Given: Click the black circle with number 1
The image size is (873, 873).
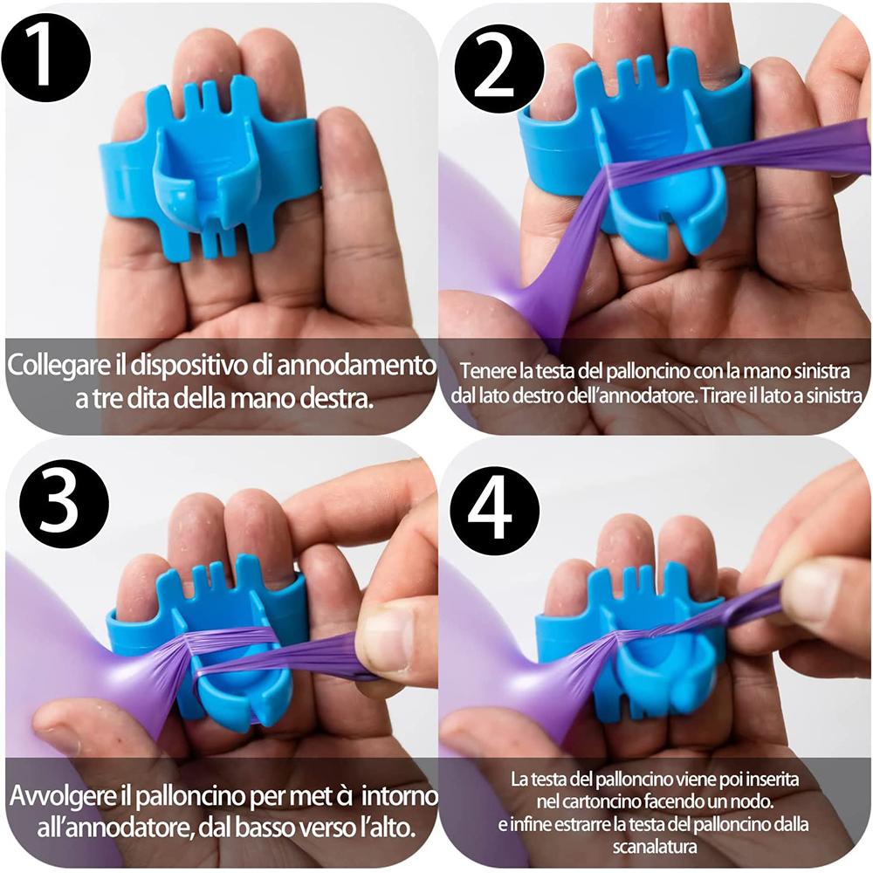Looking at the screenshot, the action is coord(45,58).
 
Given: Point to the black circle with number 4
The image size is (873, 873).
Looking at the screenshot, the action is coord(494,511).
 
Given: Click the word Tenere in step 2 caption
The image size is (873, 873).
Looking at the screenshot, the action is coord(484,370).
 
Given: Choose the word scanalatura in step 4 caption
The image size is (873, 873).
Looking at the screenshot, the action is coord(655,846).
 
